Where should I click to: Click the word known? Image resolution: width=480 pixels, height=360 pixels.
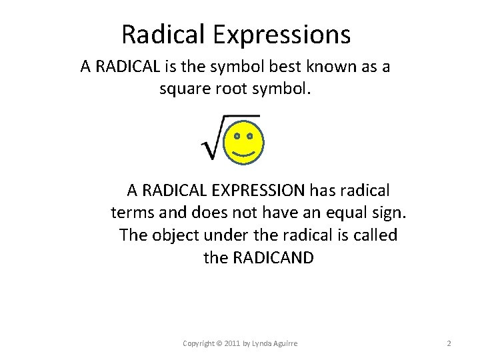327,67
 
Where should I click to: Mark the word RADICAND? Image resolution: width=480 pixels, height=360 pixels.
275,258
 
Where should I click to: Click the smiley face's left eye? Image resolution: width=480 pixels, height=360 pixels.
237,136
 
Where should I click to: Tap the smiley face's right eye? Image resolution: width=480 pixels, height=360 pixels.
250,136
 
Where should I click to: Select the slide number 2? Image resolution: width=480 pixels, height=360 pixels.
449,343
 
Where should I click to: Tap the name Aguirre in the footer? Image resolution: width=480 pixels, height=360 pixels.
283,343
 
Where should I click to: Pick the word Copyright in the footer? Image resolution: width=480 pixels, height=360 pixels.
199,343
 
